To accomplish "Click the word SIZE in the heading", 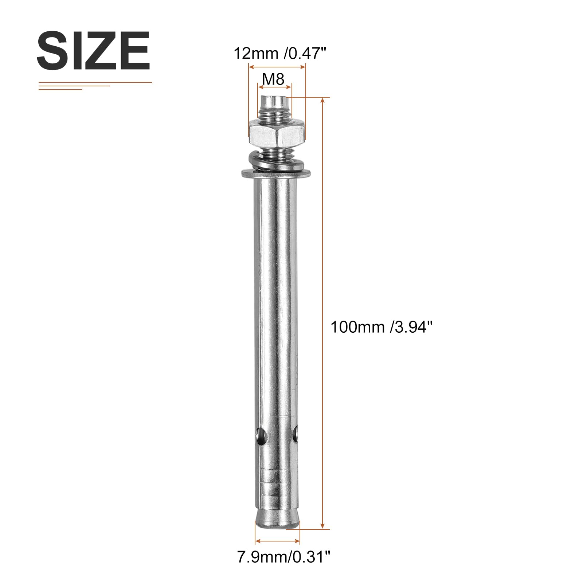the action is (x=93, y=51).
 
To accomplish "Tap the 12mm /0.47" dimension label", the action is (x=279, y=54).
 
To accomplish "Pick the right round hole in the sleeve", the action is (x=295, y=433).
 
